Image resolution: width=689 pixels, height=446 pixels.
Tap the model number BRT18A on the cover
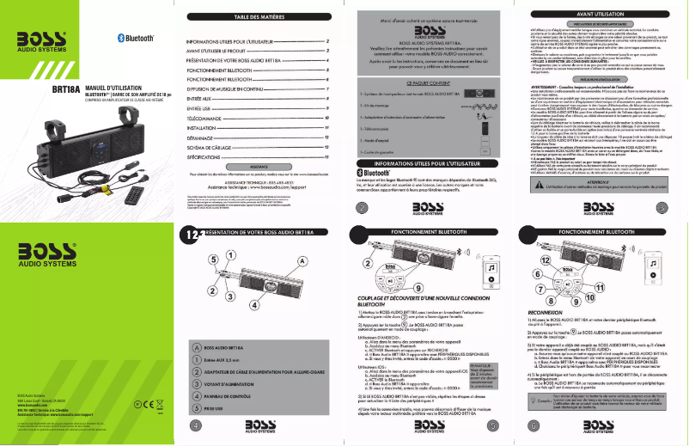tap(65, 89)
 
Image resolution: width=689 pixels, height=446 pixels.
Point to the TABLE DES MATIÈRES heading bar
tap(259, 17)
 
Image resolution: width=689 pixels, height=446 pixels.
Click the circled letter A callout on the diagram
tap(301, 260)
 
